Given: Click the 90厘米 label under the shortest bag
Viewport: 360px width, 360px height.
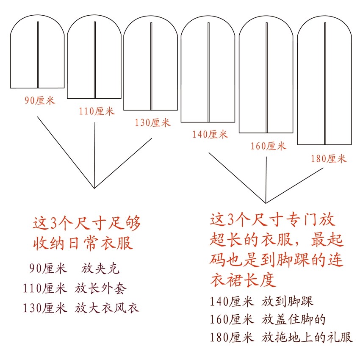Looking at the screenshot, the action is [x=40, y=101].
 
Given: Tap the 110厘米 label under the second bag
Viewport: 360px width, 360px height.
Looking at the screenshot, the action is [x=97, y=111].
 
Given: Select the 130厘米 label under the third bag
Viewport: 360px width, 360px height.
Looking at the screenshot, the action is [x=152, y=123].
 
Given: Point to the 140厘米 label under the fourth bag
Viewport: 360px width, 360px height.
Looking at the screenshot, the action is [x=210, y=135].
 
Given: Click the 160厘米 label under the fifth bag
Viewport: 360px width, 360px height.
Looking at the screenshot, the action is [x=268, y=147].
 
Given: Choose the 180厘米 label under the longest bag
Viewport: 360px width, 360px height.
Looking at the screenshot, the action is [x=329, y=159].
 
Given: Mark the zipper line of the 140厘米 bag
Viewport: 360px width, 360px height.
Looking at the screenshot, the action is [x=208, y=72].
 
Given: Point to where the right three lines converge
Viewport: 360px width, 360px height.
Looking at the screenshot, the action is [x=266, y=202].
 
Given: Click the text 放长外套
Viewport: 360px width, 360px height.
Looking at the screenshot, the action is [x=101, y=288].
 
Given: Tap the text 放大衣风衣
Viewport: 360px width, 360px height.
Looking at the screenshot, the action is [x=107, y=308].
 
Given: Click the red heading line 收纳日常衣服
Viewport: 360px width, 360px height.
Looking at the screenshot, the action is [x=83, y=243].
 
